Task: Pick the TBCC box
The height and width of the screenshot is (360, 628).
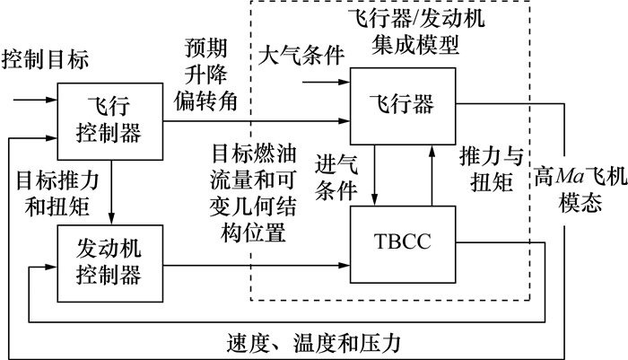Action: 401,241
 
